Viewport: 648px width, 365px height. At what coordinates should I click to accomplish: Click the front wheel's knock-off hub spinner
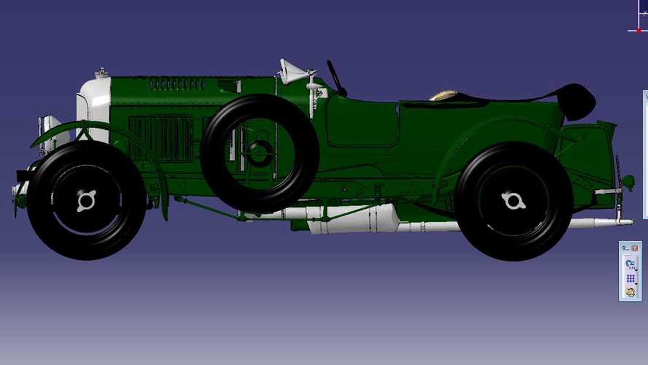click(86, 201)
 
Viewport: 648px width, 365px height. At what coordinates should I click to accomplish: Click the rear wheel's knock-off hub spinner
click(513, 201)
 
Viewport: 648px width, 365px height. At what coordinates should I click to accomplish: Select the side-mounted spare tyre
click(260, 154)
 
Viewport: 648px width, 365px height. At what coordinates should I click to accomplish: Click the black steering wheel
click(336, 78)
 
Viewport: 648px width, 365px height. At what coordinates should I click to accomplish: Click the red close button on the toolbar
click(635, 248)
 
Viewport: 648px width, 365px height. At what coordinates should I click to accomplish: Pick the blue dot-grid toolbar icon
click(630, 278)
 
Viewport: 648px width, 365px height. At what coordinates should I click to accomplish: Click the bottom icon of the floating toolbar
click(630, 291)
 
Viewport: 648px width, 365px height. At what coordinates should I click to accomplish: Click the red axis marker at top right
click(639, 31)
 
